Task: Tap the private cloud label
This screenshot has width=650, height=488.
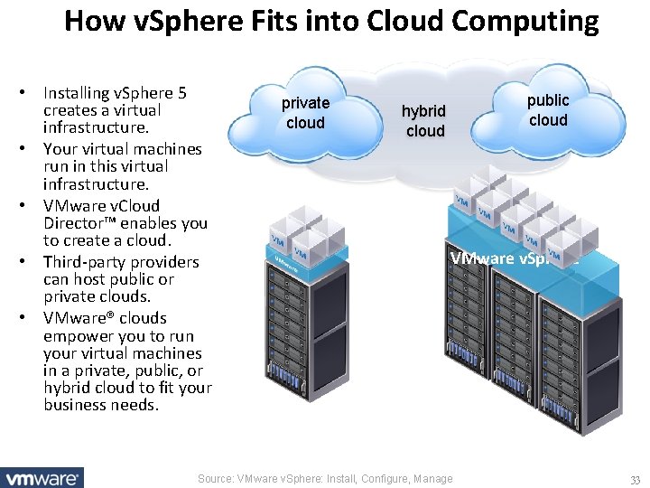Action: pos(305,113)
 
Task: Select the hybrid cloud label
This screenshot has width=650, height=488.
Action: pos(424,120)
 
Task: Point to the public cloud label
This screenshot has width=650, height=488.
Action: pos(548,109)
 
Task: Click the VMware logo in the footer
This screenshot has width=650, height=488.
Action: pos(42,477)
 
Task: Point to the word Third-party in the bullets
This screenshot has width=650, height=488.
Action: pos(83,262)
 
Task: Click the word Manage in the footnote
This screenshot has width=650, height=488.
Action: pos(432,479)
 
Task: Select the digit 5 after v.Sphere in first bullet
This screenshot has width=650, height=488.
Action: pos(182,92)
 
